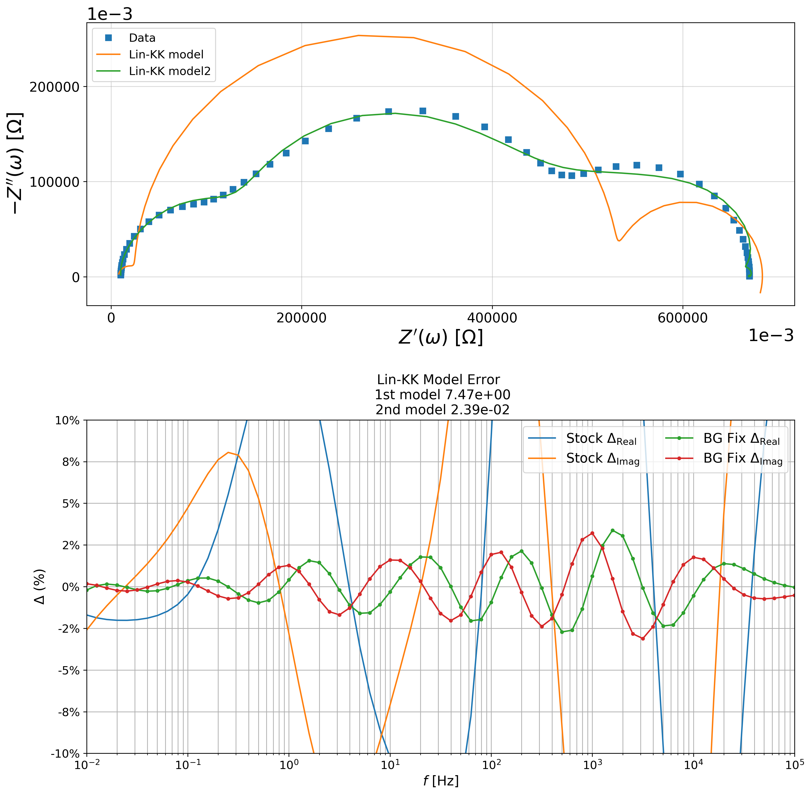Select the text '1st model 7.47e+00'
(442, 395)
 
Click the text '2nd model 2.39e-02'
(442, 410)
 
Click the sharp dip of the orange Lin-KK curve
(619, 241)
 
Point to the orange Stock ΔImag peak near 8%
(228, 452)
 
